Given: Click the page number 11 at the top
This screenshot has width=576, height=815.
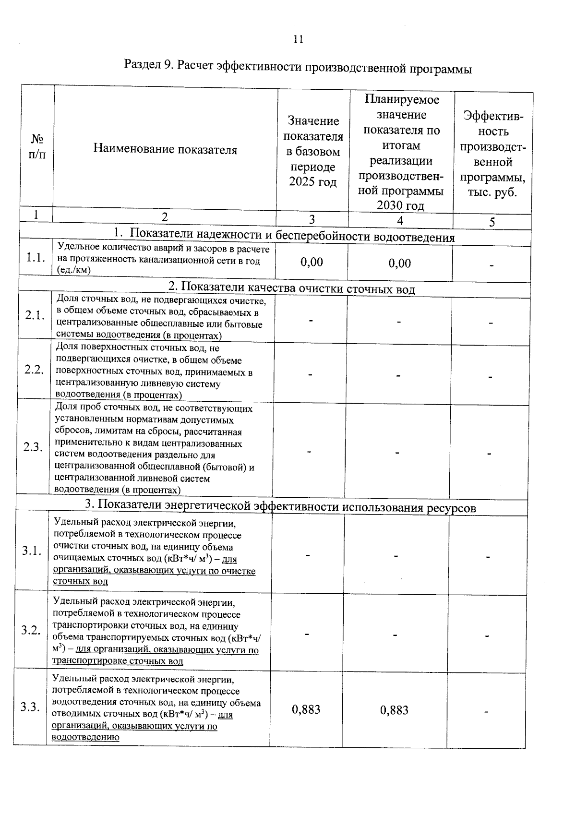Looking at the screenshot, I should [298, 39].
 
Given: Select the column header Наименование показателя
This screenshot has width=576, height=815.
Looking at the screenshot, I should [165, 150].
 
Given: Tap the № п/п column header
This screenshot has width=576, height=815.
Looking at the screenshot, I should [37, 147].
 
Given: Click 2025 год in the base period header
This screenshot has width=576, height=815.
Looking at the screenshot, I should [312, 182].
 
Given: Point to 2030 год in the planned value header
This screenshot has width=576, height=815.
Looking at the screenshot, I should [400, 206].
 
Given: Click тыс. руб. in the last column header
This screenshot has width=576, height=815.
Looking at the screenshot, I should [492, 193].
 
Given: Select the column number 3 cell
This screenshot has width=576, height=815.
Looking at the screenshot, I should [312, 220].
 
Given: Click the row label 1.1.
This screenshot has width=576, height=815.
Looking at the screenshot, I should [36, 258].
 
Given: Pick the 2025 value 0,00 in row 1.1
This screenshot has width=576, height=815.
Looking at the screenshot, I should [312, 262].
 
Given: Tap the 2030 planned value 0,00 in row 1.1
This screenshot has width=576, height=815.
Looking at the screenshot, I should [400, 263].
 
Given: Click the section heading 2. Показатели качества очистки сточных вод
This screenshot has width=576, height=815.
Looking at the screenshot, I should [291, 288].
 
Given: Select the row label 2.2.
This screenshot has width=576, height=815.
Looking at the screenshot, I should [34, 370].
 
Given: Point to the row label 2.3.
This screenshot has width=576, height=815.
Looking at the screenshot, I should [33, 447].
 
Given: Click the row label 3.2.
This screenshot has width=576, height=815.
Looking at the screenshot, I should [31, 630].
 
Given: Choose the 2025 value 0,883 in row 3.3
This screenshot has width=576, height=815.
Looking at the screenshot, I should [306, 709].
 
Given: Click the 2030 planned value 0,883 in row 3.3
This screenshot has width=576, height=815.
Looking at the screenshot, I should [394, 710].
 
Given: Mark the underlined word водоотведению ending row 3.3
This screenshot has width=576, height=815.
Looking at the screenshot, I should [85, 738].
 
